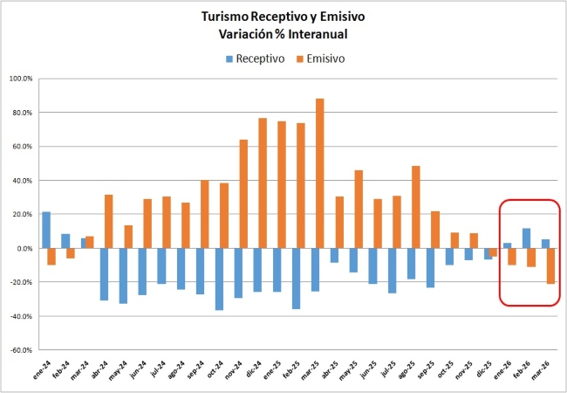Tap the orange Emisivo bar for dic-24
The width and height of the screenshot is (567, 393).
point(263,183)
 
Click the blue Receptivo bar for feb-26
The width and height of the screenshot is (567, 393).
point(526,238)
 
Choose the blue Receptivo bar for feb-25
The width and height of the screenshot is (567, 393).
point(297,279)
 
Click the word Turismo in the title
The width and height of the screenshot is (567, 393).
point(228,17)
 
